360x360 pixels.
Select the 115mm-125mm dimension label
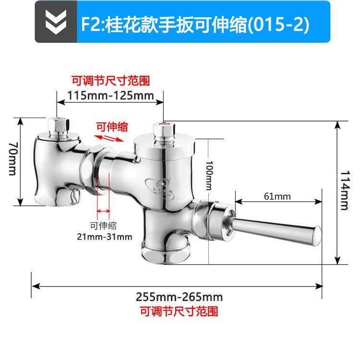click(110, 95)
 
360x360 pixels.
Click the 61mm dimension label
click(277, 196)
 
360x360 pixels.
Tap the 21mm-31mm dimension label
click(105, 236)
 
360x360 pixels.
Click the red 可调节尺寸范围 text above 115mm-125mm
click(110, 80)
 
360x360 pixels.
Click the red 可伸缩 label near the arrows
click(112, 127)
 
